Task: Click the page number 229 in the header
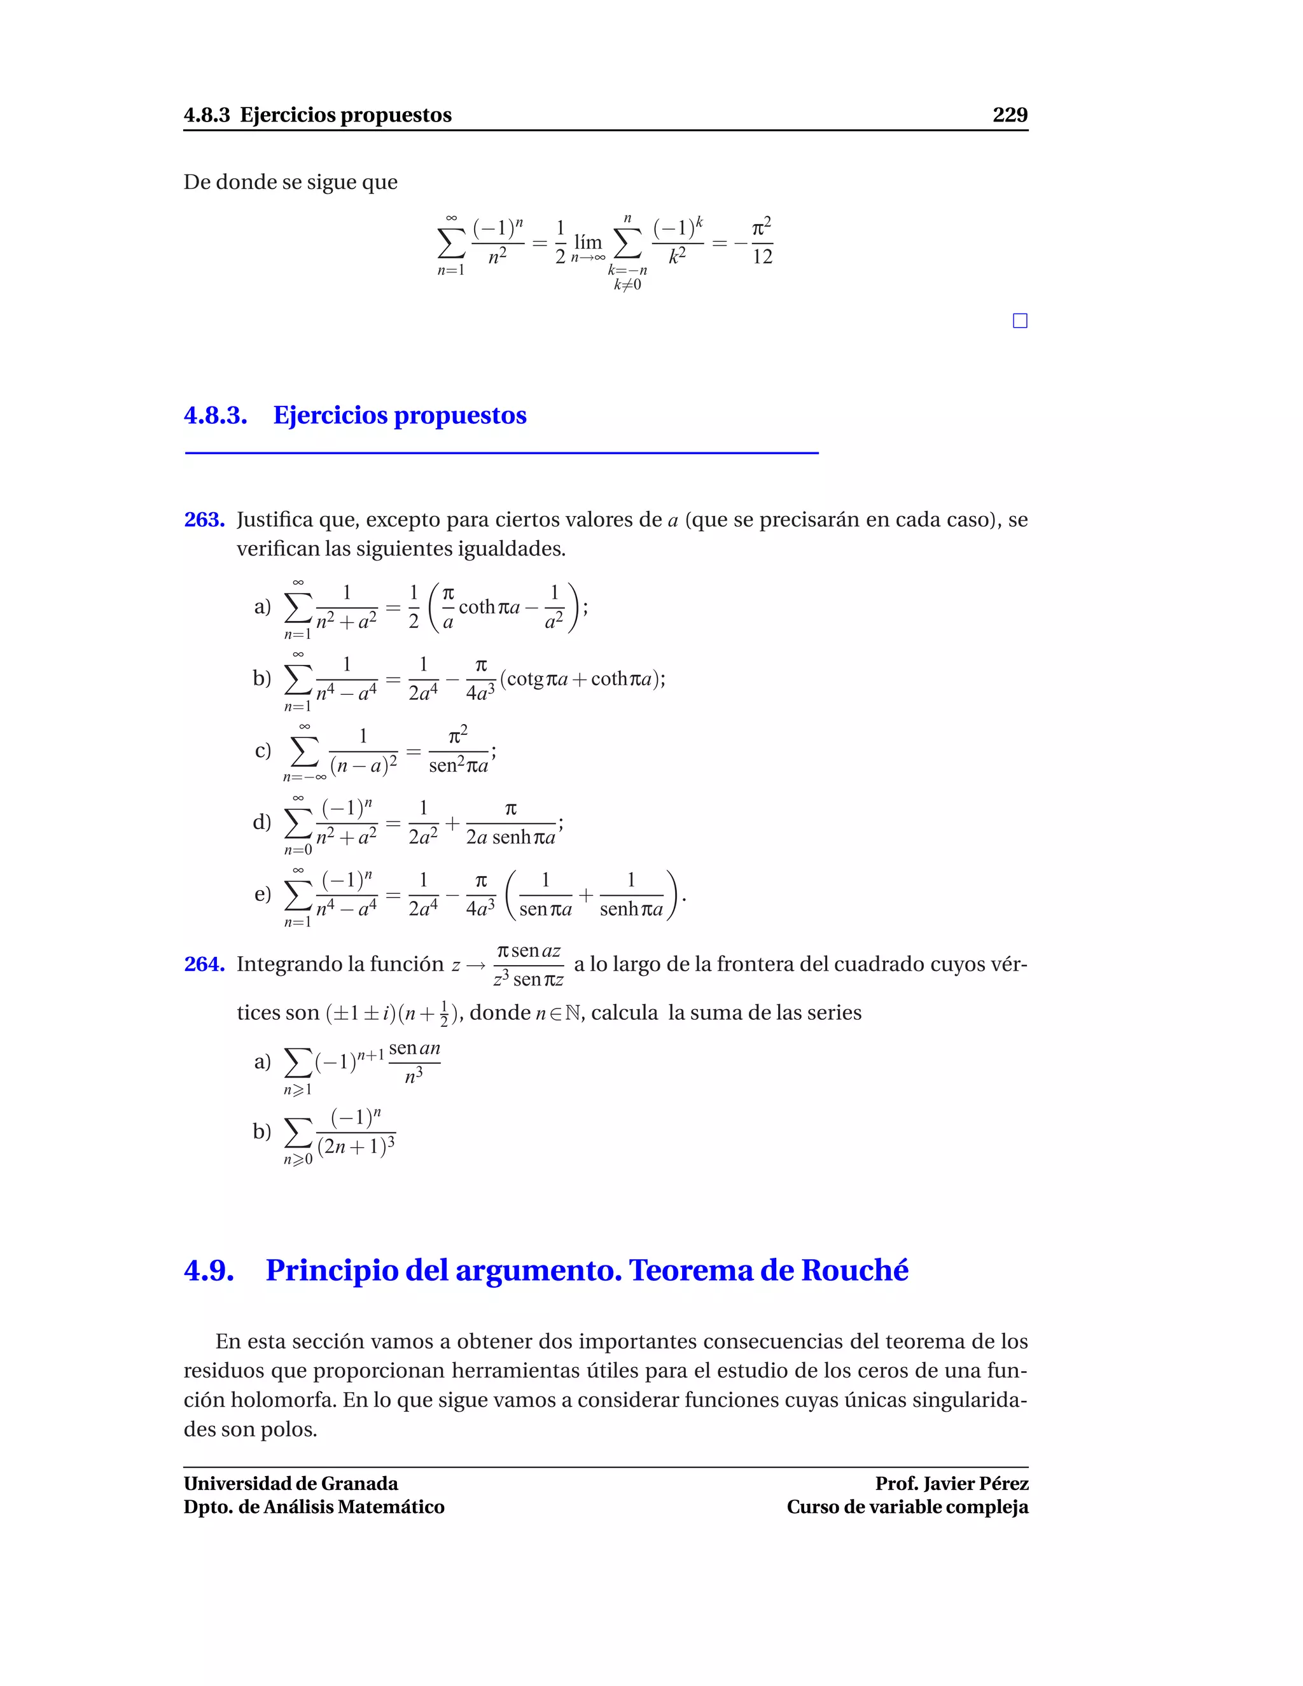pos(1010,115)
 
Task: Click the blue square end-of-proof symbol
pos(1020,321)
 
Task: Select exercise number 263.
pos(204,520)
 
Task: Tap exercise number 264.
pos(204,964)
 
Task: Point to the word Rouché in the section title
pos(854,1271)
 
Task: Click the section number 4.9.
pos(209,1271)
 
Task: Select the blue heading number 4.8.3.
pos(216,415)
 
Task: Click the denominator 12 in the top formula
pos(762,257)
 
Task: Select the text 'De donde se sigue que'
pos(290,182)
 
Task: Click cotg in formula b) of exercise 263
pos(525,679)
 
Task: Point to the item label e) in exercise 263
pos(263,894)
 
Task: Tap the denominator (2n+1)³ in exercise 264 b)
pos(356,1147)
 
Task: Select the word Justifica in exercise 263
pos(273,520)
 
